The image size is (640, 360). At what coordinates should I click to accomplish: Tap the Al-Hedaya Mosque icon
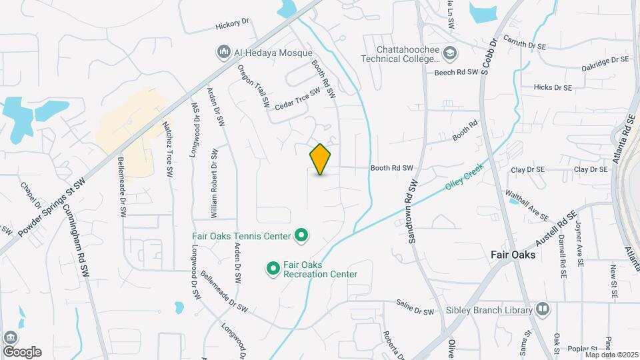[223, 51]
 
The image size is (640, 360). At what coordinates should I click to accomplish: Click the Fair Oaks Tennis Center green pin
[301, 235]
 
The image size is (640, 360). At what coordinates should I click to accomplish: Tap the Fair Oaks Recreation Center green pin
[273, 268]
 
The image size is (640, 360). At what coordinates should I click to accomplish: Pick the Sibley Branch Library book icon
[543, 309]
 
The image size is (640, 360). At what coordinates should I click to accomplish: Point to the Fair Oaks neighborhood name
[517, 254]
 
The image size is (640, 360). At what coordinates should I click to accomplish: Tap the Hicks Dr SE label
[553, 87]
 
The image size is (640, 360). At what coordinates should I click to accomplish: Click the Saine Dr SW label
[415, 311]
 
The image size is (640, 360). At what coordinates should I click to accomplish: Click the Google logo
[22, 351]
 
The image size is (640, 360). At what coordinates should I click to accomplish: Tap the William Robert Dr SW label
[214, 183]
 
